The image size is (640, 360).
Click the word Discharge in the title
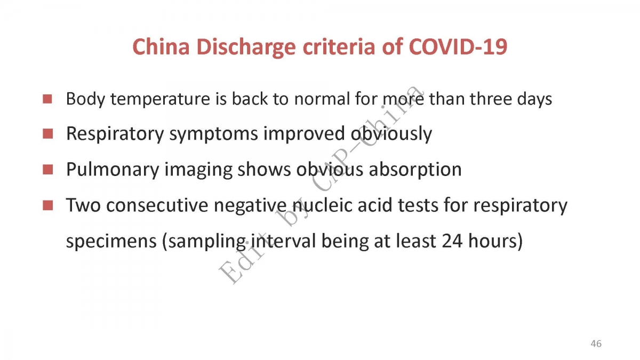click(246, 47)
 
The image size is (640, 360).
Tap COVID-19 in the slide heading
click(458, 46)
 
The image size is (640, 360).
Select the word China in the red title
click(161, 46)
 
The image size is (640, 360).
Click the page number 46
click(596, 343)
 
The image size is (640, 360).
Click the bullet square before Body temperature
click(47, 99)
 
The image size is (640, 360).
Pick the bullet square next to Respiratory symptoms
click(47, 134)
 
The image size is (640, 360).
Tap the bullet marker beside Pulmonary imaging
click(47, 170)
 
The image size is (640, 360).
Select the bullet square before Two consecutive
click(47, 205)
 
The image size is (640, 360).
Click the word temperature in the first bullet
click(161, 99)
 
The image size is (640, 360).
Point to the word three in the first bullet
click(491, 99)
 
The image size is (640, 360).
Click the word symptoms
click(214, 134)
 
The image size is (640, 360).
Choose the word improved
click(304, 134)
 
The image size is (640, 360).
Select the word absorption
click(415, 170)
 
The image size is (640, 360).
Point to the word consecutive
click(157, 205)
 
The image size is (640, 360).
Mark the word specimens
click(111, 242)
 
